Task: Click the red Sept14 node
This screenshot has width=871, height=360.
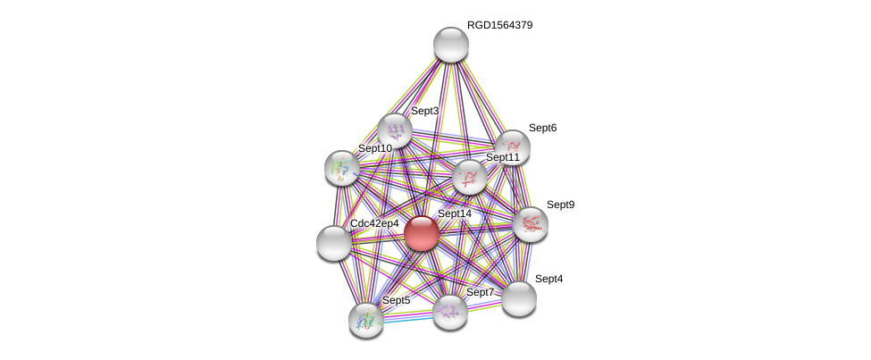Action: click(422, 233)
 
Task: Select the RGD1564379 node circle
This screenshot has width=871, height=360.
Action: click(451, 45)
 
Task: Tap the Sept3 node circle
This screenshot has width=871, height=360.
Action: click(394, 130)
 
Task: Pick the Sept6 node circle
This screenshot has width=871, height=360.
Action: click(513, 147)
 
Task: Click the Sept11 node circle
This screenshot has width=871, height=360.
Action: click(470, 177)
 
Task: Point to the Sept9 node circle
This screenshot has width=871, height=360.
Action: click(531, 224)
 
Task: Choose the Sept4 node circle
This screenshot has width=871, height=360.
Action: click(519, 297)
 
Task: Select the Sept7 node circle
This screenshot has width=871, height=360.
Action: click(450, 311)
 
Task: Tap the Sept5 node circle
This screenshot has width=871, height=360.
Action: click(366, 319)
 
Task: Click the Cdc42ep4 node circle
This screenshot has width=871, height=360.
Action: click(334, 242)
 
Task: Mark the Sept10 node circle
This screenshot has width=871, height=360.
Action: click(341, 167)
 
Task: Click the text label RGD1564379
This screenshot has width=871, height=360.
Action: click(499, 25)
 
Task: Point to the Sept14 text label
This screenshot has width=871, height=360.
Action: click(454, 213)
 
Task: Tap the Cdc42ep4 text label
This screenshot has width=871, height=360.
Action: click(374, 223)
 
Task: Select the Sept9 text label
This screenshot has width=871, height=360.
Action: click(560, 205)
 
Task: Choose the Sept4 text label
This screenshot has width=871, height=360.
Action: click(549, 279)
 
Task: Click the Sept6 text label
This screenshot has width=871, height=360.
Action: click(542, 128)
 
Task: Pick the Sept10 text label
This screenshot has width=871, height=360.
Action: click(374, 148)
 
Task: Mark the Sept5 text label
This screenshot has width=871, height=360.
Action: click(396, 300)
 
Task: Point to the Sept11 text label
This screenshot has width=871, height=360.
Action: click(502, 157)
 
